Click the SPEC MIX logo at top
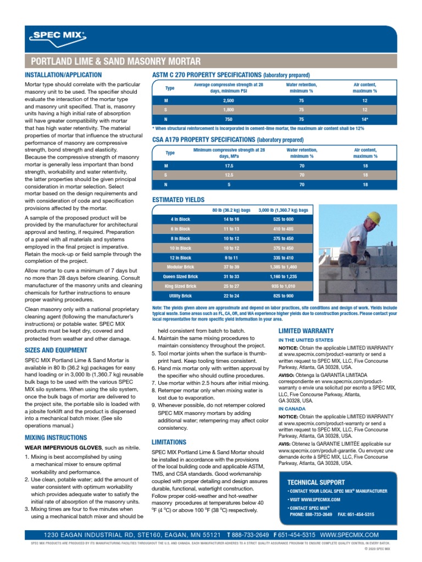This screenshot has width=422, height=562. pyautogui.click(x=57, y=37)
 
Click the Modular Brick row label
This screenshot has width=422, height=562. pyautogui.click(x=180, y=267)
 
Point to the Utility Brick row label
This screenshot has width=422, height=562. pyautogui.click(x=180, y=295)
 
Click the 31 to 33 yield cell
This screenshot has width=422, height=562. pyautogui.click(x=231, y=276)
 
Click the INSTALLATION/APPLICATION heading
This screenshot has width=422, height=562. pyautogui.click(x=63, y=75)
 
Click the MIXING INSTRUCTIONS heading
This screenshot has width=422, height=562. pyautogui.click(x=56, y=437)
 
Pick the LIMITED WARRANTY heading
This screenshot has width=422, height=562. pyautogui.click(x=306, y=331)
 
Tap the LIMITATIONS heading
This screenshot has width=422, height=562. pyautogui.click(x=169, y=442)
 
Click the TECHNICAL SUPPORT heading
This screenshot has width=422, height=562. pyautogui.click(x=316, y=482)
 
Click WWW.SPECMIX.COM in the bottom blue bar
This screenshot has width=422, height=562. pyautogui.click(x=349, y=534)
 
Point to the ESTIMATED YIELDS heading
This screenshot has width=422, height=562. pyautogui.click(x=178, y=200)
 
